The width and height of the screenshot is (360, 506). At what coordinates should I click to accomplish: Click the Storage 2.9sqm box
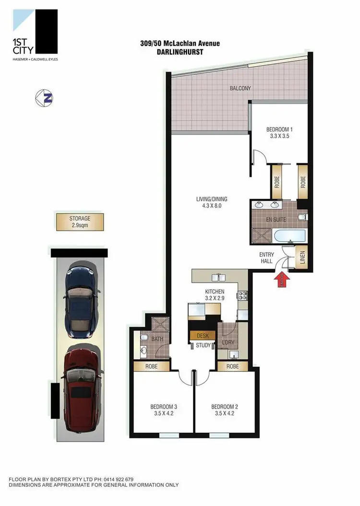tap(80, 221)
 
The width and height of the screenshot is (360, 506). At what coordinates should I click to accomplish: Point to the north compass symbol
tap(44, 98)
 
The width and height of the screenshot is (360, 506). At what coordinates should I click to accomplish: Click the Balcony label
tap(240, 88)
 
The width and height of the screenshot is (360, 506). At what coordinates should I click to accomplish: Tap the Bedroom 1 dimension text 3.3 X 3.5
tap(279, 136)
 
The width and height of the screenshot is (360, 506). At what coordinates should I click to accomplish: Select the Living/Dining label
tap(212, 199)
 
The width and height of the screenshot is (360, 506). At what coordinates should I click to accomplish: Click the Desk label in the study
tap(203, 336)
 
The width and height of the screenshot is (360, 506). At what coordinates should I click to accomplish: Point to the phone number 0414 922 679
tap(115, 479)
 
